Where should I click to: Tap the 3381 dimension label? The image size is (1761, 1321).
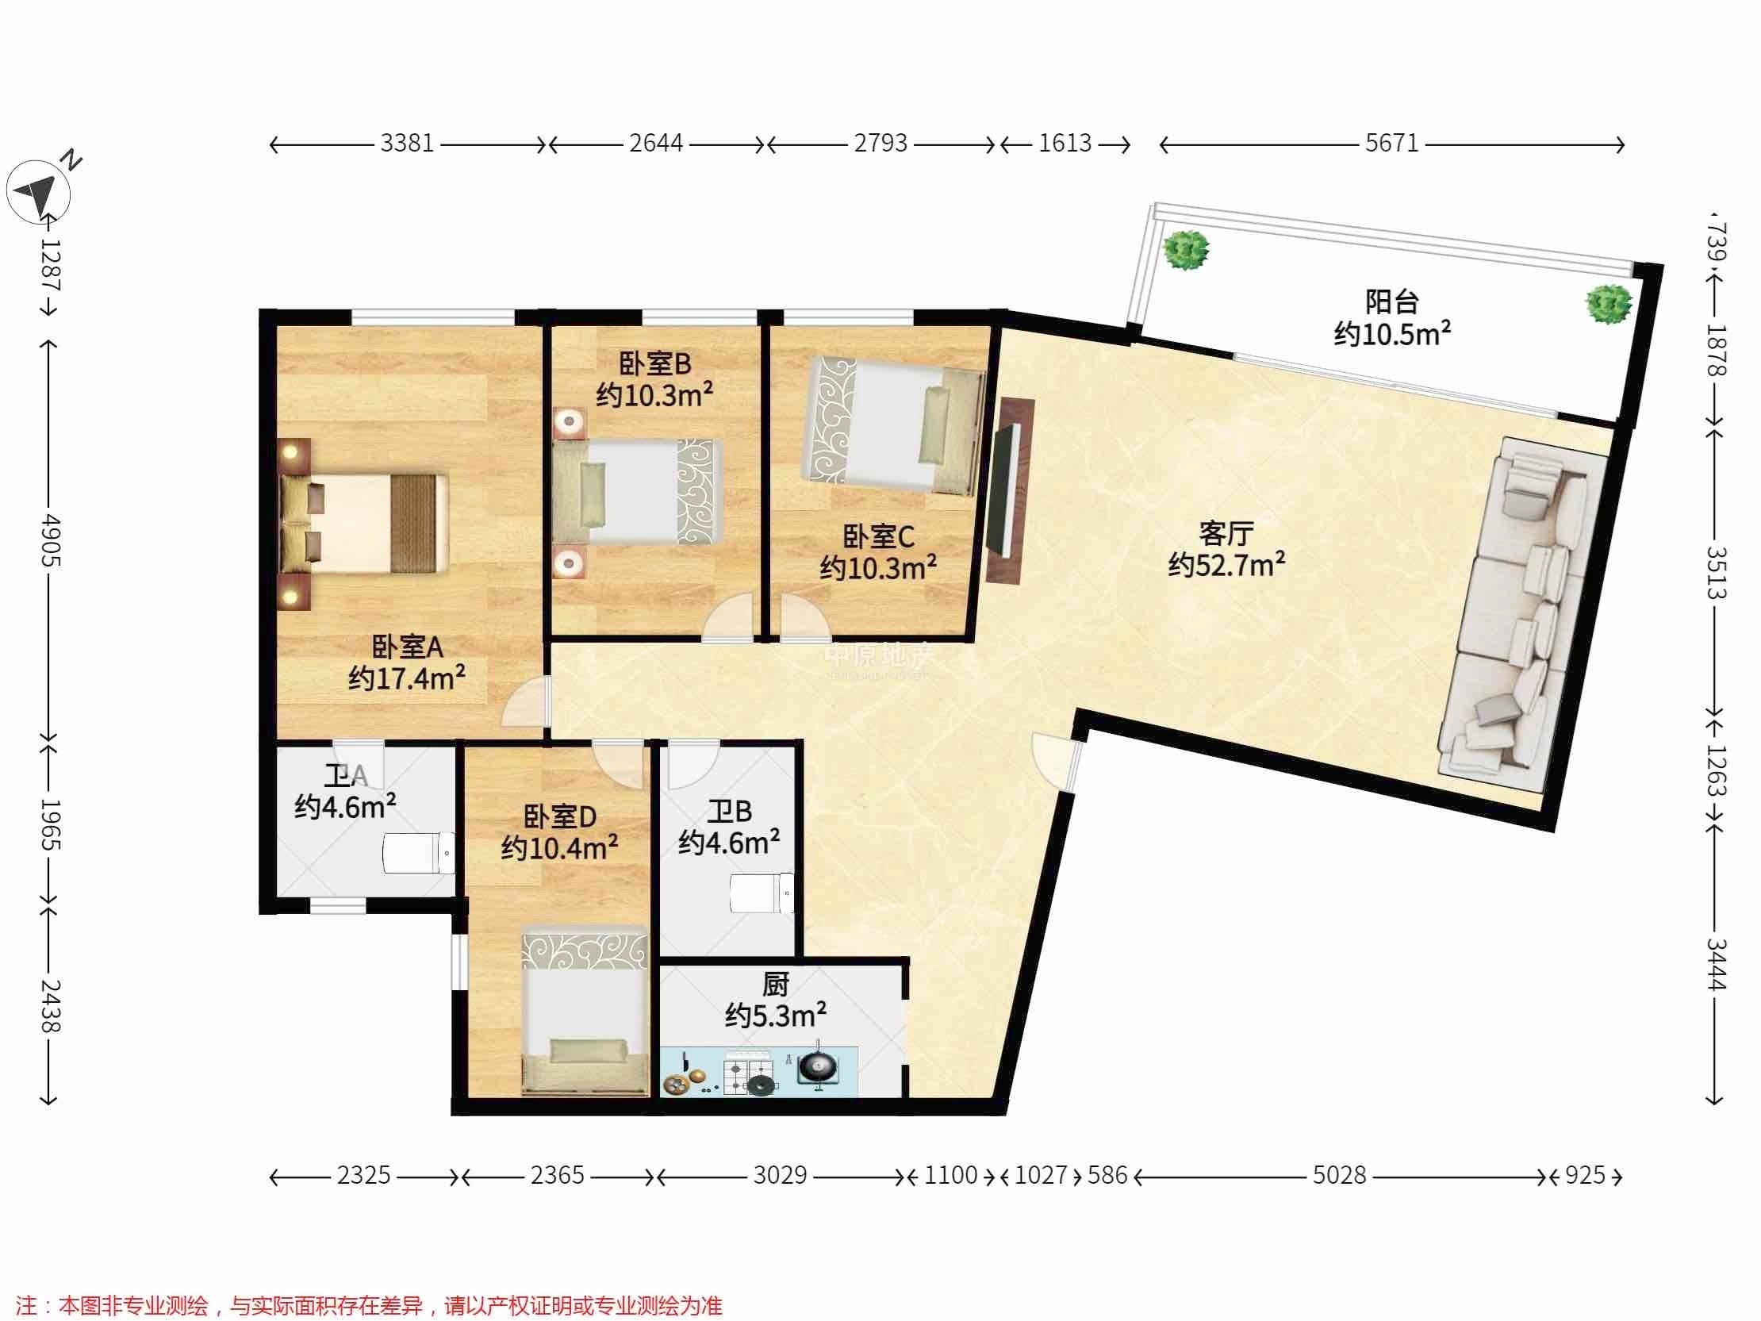click(x=407, y=144)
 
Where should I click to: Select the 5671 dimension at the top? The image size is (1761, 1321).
click(x=1391, y=144)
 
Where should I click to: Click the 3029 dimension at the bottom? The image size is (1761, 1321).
click(x=781, y=1175)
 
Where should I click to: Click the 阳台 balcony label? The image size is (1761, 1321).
click(x=1391, y=302)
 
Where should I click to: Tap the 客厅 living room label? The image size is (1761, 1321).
click(x=1226, y=532)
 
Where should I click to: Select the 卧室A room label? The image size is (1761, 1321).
click(x=408, y=647)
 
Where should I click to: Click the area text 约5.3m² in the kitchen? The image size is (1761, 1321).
click(x=776, y=1016)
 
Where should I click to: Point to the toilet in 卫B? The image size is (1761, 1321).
click(x=762, y=893)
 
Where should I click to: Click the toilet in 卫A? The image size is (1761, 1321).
click(x=419, y=853)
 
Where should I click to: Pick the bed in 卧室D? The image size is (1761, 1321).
click(x=585, y=1010)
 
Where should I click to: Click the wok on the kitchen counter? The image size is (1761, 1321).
click(x=817, y=1065)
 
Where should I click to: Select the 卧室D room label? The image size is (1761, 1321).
click(x=560, y=816)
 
